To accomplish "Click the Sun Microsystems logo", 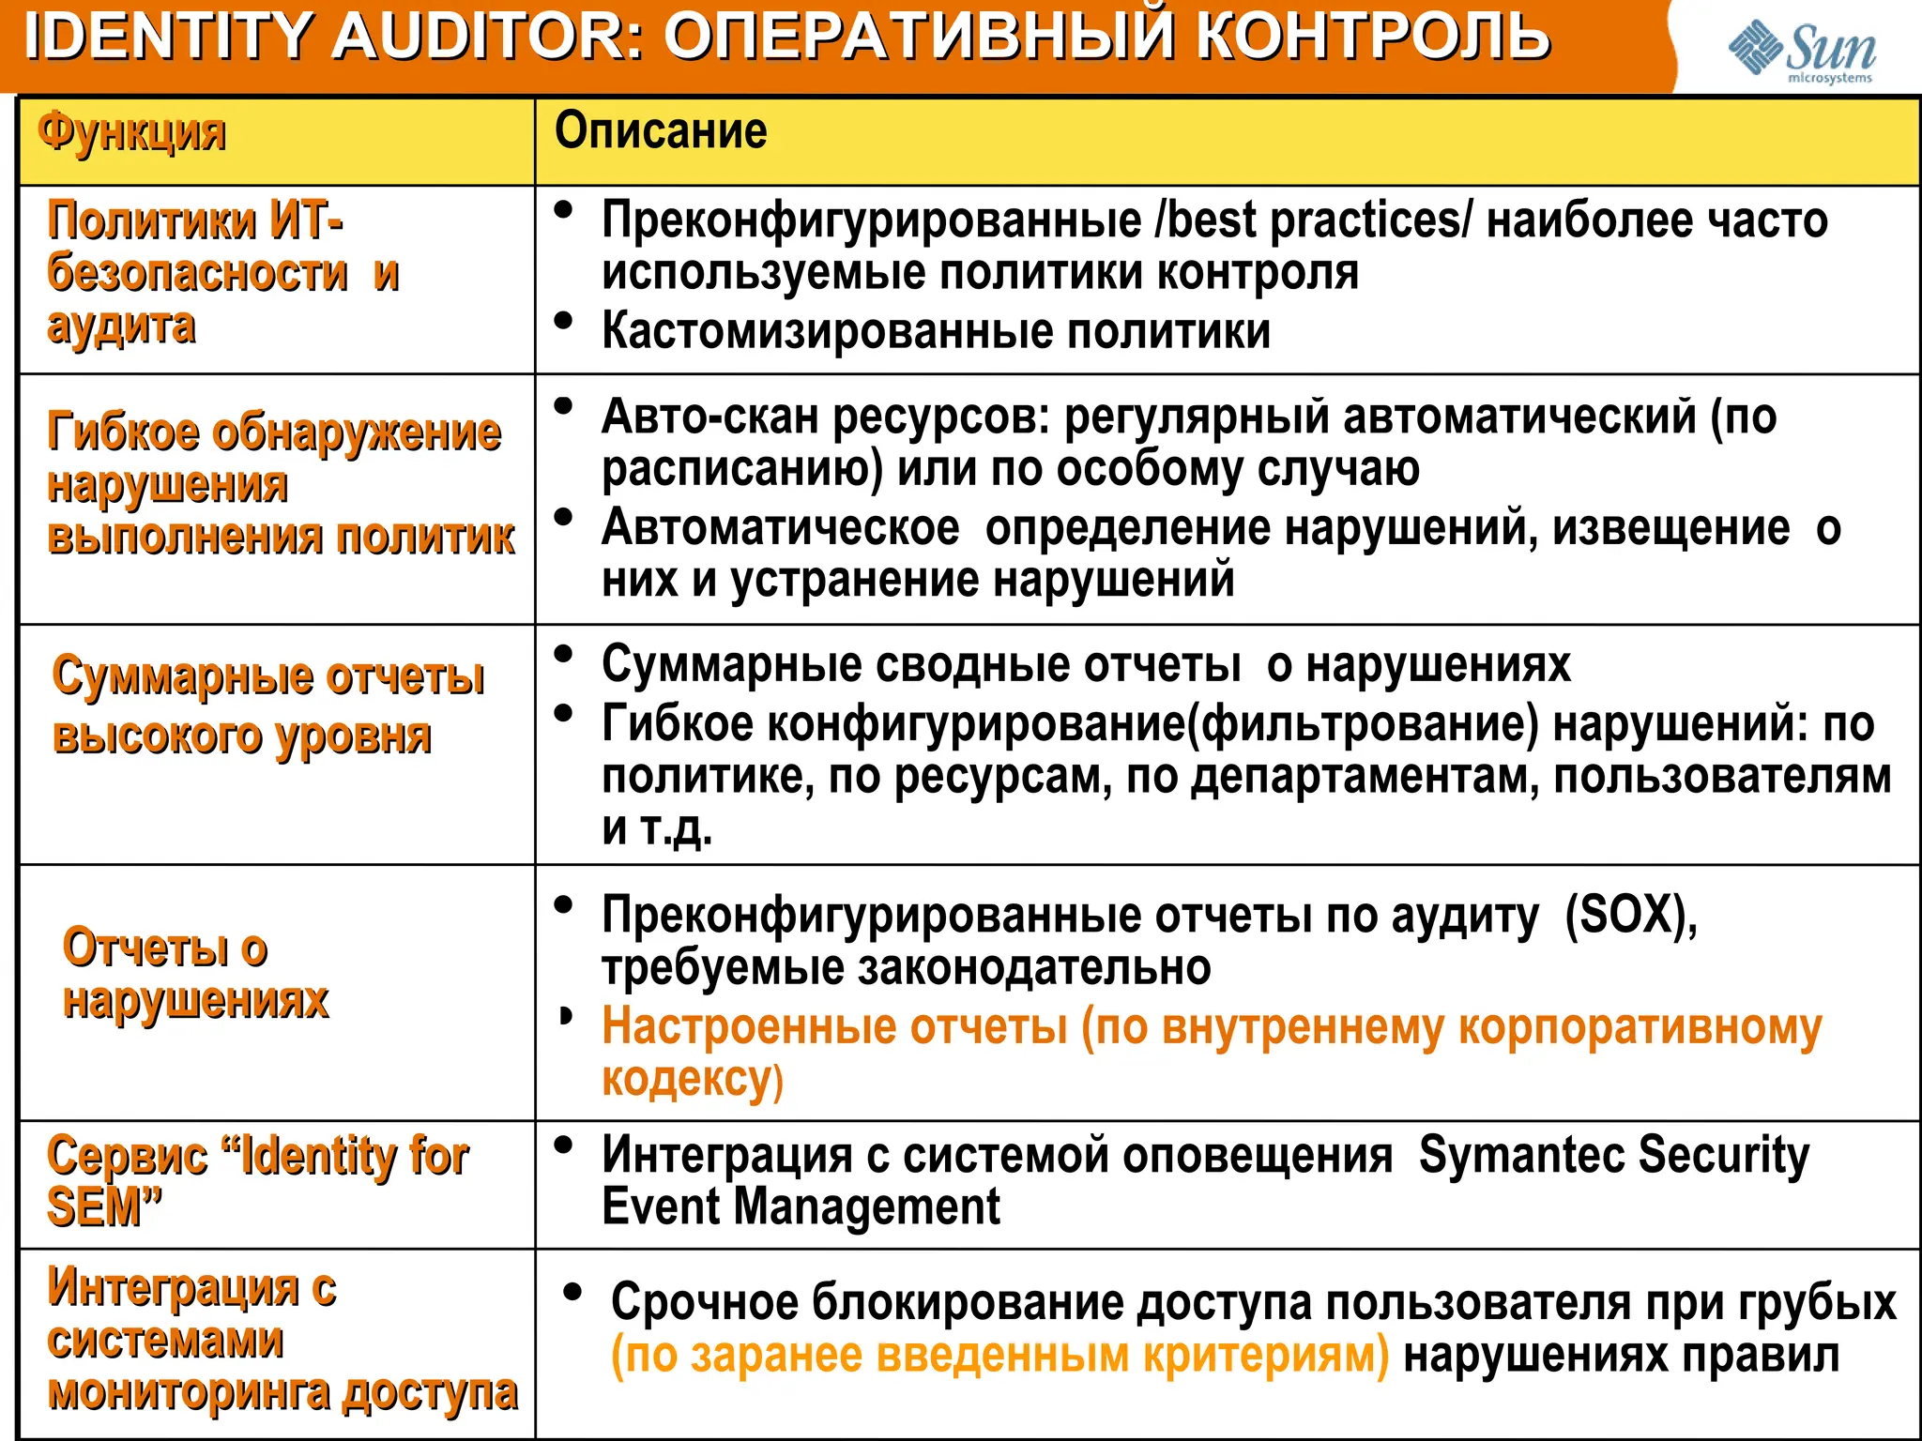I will tap(1801, 52).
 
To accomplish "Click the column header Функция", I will tap(131, 132).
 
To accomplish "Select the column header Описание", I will tap(660, 130).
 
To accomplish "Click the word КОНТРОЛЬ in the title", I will tap(1372, 36).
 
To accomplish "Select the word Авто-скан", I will tap(709, 417).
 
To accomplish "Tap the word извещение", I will tap(1670, 528).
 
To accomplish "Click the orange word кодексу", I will tap(691, 1079).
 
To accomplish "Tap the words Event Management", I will tap(801, 1206).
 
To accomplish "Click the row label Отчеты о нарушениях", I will tap(195, 974).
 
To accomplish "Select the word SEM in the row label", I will tap(94, 1207).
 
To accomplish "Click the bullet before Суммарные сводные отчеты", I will tap(563, 654).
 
